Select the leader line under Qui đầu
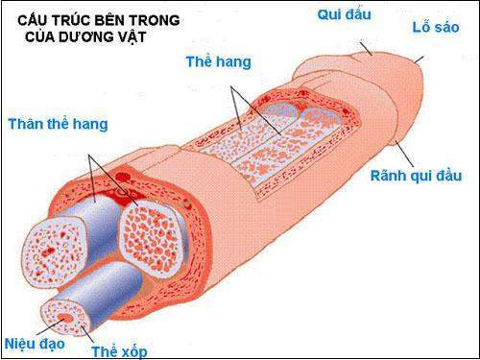click(x=366, y=45)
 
